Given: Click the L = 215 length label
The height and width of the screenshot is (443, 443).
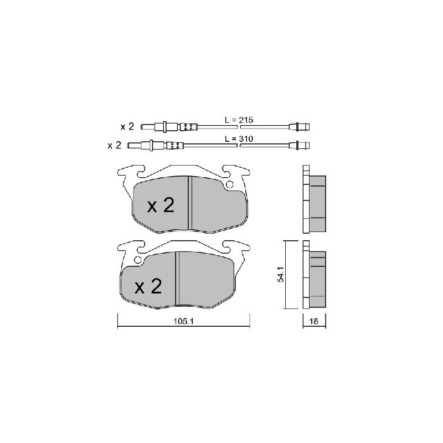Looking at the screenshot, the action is (239, 120).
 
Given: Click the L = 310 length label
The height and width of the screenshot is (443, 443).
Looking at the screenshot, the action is (239, 139).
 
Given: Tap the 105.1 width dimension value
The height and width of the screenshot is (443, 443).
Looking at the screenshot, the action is (183, 321).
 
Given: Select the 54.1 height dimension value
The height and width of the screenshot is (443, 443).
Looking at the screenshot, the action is (281, 274).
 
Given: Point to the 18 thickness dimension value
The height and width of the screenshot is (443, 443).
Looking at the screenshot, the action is (314, 321).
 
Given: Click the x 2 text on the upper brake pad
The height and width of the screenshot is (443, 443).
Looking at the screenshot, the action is (161, 205).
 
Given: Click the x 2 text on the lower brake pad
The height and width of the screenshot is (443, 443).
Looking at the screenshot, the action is (148, 286).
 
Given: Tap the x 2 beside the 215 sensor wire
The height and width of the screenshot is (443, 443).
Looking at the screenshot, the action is (127, 127).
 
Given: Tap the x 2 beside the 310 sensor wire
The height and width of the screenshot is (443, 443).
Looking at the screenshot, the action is (115, 145).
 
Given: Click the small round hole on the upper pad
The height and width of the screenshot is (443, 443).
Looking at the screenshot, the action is (230, 184).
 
